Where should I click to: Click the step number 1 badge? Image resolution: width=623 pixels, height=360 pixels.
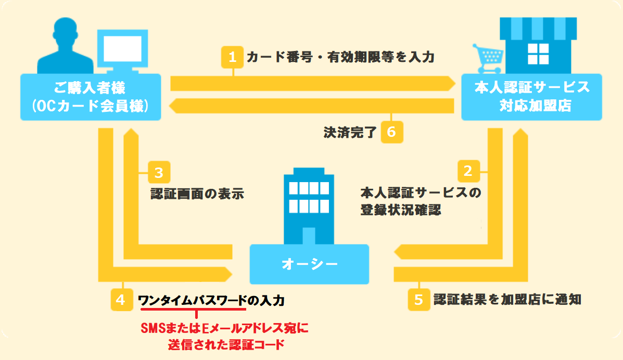[x=233, y=57]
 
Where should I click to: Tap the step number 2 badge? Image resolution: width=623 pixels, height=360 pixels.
[x=468, y=171]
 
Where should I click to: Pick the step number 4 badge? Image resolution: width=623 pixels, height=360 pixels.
[x=121, y=300]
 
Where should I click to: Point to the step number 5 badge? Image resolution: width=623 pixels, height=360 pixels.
[x=418, y=300]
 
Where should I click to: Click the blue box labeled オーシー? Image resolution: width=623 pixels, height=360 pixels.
[x=310, y=264]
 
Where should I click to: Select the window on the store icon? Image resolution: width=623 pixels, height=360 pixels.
[x=538, y=53]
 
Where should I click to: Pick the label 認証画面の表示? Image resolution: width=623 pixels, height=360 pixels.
[x=197, y=194]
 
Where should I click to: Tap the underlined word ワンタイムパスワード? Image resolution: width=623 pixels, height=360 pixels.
[x=192, y=300]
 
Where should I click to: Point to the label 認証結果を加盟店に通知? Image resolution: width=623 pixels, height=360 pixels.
[x=507, y=300]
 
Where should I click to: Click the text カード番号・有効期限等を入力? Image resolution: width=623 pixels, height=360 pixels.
[x=340, y=57]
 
